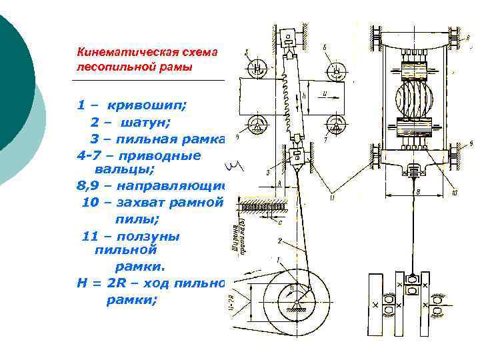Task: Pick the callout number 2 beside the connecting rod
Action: [x=281, y=238]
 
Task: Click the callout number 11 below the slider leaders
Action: [x=331, y=195]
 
